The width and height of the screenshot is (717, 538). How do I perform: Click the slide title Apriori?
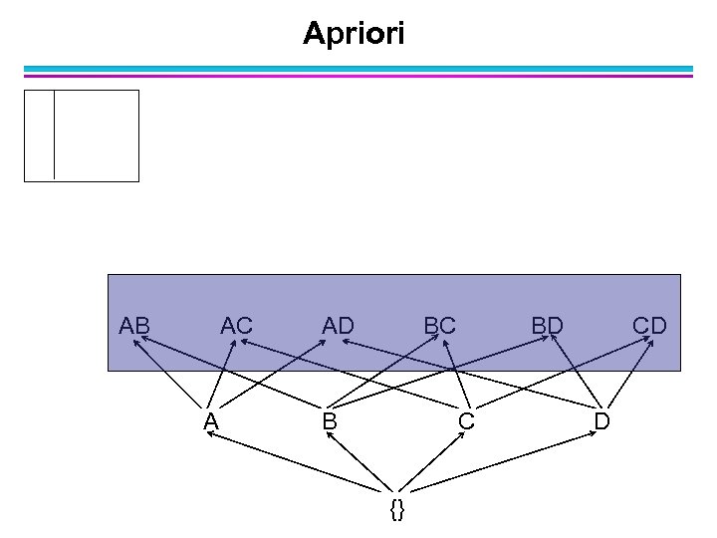354,34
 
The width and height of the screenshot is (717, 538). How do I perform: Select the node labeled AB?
134,325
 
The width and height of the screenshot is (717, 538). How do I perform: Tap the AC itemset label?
237,325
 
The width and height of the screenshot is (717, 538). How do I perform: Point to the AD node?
339,325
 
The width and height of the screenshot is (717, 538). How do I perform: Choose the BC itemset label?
439,325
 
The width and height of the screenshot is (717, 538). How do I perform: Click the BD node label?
547,325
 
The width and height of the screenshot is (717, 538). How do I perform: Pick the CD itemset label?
649,325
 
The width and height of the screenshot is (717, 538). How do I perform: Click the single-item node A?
210,421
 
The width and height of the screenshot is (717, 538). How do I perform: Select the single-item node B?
329,421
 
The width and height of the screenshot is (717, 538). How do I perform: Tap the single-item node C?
465,421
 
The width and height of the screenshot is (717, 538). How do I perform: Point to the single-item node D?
601,421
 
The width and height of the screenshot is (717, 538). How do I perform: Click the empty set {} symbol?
397,510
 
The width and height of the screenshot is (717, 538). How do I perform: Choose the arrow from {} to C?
432,463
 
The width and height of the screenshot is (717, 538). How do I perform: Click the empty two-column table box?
82,135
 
